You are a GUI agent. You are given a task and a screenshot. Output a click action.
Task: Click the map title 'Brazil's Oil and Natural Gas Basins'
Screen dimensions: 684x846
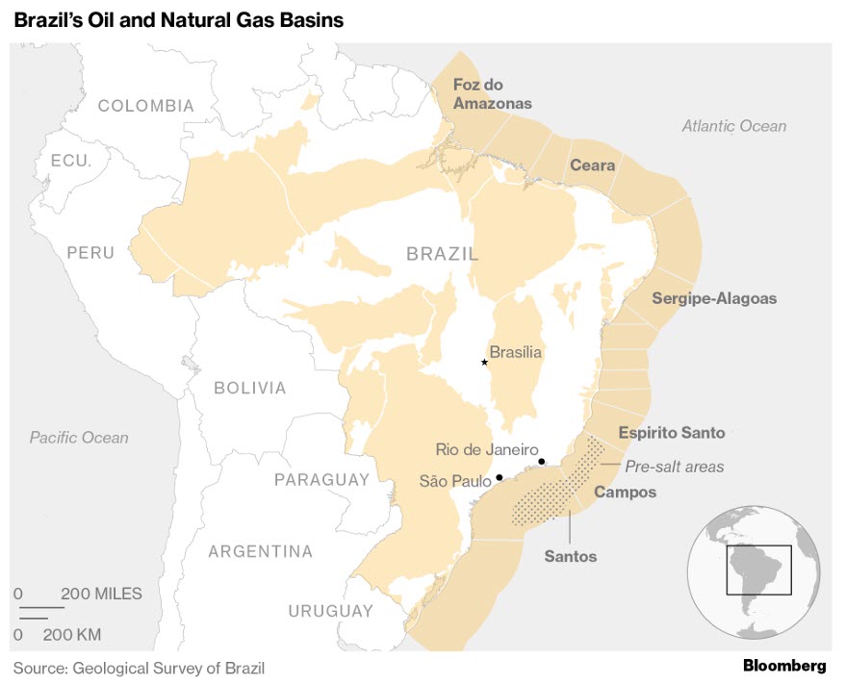tap(178, 20)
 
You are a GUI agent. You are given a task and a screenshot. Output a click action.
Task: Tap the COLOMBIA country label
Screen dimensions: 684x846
tap(146, 106)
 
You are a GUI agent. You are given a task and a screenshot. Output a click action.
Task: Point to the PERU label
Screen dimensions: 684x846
tap(90, 253)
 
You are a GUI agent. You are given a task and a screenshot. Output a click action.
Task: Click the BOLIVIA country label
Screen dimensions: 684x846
tap(250, 388)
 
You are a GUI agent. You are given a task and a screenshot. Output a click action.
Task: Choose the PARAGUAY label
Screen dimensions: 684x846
tap(321, 479)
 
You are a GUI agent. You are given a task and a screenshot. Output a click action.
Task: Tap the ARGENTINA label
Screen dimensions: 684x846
tap(261, 551)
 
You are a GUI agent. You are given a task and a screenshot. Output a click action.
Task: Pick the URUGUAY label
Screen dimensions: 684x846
tap(330, 611)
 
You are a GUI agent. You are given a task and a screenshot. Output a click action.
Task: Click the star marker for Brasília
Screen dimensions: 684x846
tap(484, 362)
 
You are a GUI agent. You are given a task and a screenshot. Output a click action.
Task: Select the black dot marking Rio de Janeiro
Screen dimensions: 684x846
tap(542, 462)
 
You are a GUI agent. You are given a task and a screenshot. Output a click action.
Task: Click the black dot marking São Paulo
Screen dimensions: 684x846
tap(499, 477)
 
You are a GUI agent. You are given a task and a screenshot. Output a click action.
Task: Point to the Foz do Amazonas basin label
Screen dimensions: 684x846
tap(492, 94)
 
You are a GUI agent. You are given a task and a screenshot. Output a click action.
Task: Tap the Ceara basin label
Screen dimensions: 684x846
tap(592, 165)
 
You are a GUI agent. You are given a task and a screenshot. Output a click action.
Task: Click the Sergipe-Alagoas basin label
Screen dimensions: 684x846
tap(713, 298)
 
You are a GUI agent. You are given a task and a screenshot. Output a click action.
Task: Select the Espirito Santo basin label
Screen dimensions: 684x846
tap(671, 433)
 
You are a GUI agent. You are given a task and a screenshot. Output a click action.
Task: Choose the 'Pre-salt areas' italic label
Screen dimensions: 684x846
tap(674, 467)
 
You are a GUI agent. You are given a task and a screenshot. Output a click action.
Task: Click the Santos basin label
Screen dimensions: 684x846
tap(570, 556)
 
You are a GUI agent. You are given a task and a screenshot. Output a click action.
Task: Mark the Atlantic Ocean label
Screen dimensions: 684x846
tap(733, 126)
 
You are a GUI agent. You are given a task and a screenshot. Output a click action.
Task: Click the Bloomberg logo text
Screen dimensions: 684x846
tap(783, 666)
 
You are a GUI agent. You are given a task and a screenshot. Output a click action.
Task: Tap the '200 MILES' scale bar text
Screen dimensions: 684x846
tap(101, 594)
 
